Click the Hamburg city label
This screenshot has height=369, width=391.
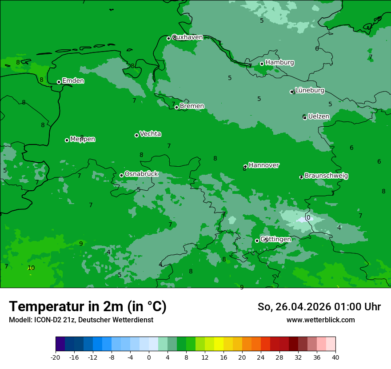pos(279,63)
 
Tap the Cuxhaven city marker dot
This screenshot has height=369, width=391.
pos(168,38)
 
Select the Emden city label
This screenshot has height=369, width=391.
pos(73,81)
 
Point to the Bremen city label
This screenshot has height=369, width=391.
pos(192,106)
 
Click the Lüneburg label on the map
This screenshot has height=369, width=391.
pos(310,90)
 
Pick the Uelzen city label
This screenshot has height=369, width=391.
pos(319,116)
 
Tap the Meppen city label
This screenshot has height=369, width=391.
pos(83,139)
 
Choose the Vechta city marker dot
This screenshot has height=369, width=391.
pos(136,135)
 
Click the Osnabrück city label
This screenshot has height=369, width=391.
pos(141,174)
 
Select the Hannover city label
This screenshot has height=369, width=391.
pos(264,165)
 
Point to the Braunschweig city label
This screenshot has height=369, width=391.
pos(326,176)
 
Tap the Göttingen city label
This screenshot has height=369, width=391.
pos(275,239)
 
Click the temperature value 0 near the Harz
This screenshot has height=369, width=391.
pos(308,218)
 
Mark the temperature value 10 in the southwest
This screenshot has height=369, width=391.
pos(31,268)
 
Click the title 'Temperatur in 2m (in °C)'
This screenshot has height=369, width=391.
pos(88,306)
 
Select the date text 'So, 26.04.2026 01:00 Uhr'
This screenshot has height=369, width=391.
pos(319,307)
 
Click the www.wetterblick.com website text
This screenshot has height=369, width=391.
pos(321,320)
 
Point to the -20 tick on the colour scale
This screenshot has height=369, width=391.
pos(56,357)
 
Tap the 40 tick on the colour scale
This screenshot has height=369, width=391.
pos(335,357)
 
